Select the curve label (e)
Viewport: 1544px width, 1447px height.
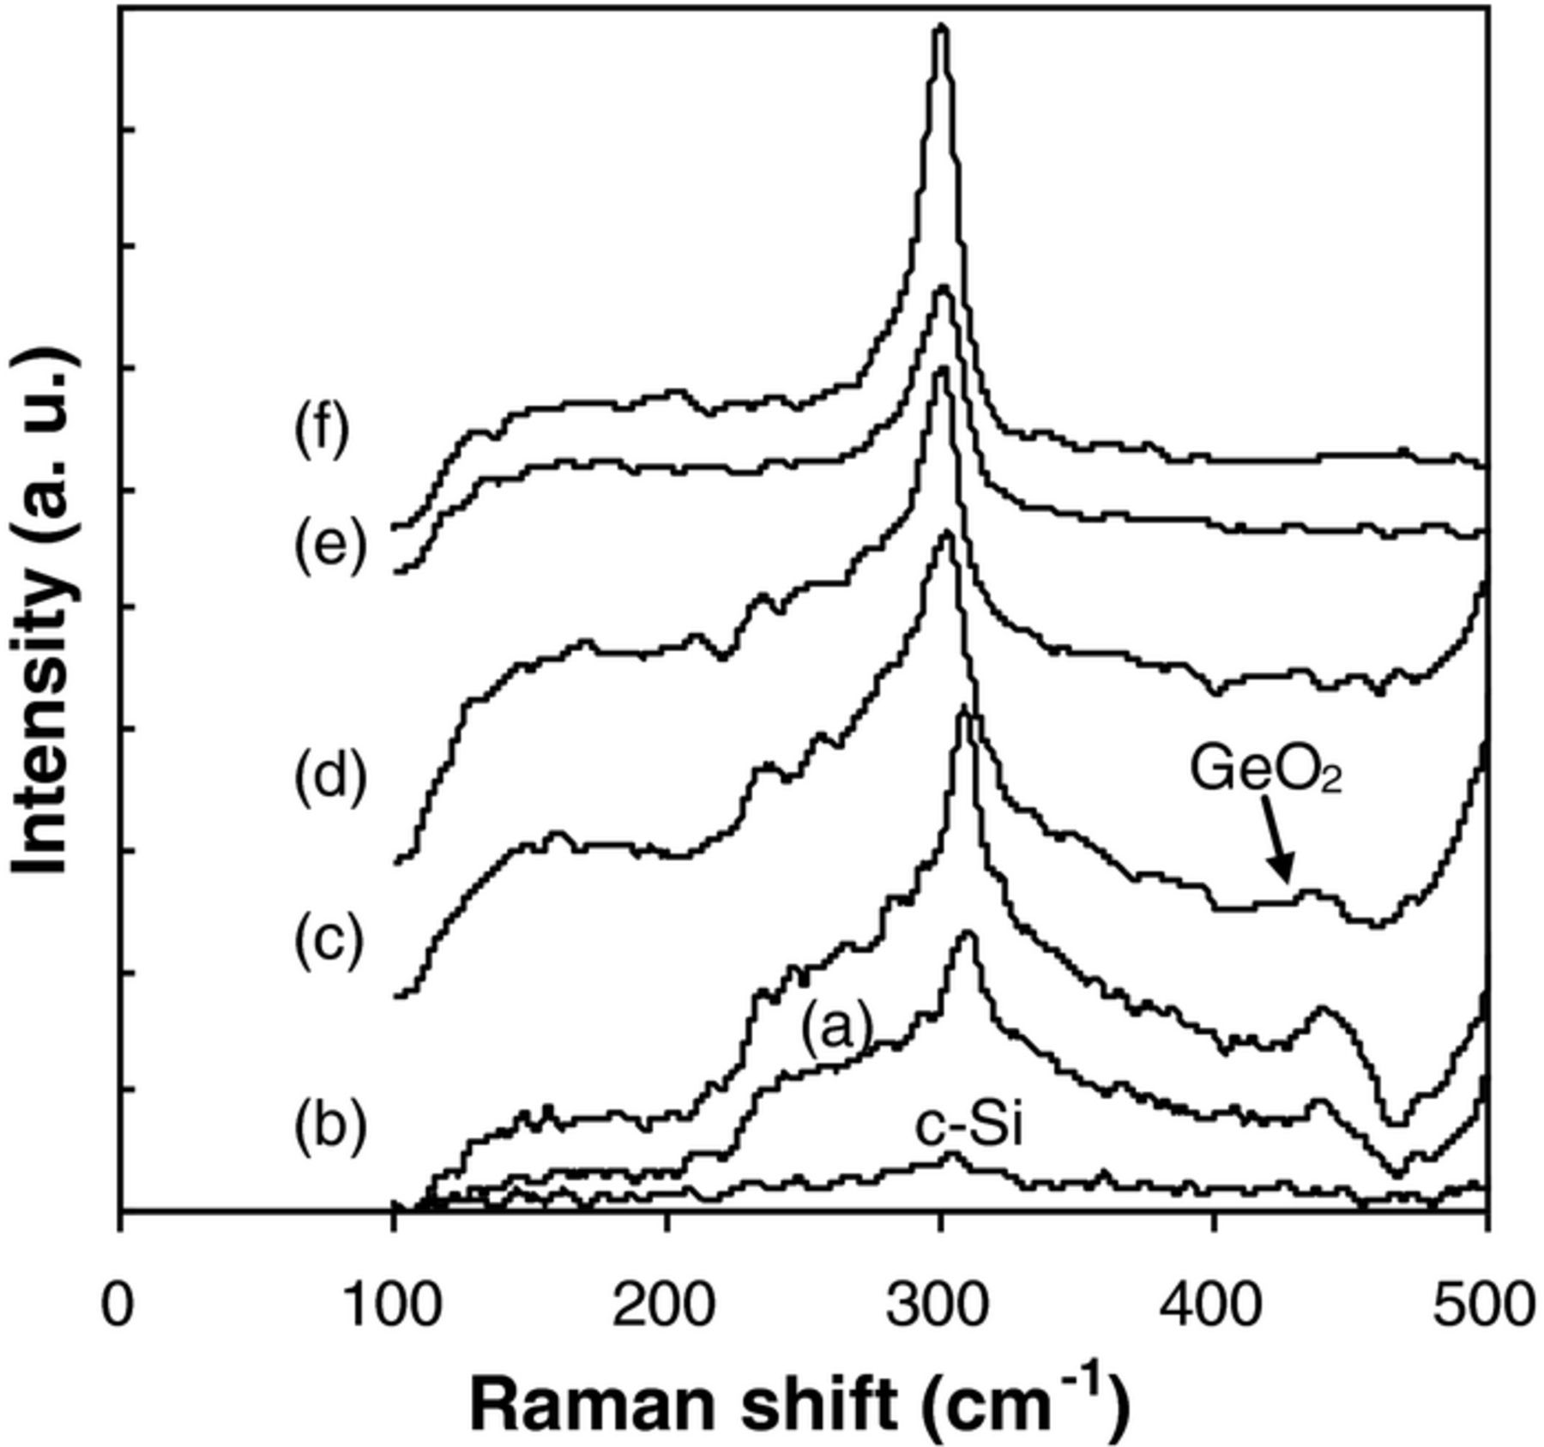[x=330, y=546]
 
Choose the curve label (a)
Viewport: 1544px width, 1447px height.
[x=836, y=1027]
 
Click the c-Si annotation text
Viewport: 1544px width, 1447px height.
[x=968, y=1127]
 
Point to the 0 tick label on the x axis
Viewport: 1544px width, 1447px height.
[x=118, y=1306]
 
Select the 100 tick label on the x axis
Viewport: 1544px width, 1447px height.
[x=392, y=1306]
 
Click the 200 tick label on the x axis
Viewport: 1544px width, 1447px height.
[x=666, y=1306]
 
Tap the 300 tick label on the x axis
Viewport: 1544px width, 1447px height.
[x=940, y=1306]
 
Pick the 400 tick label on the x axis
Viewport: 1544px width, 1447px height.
[x=1213, y=1306]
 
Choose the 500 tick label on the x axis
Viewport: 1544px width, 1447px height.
[x=1484, y=1306]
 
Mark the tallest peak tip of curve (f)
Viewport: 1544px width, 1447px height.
[x=941, y=28]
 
